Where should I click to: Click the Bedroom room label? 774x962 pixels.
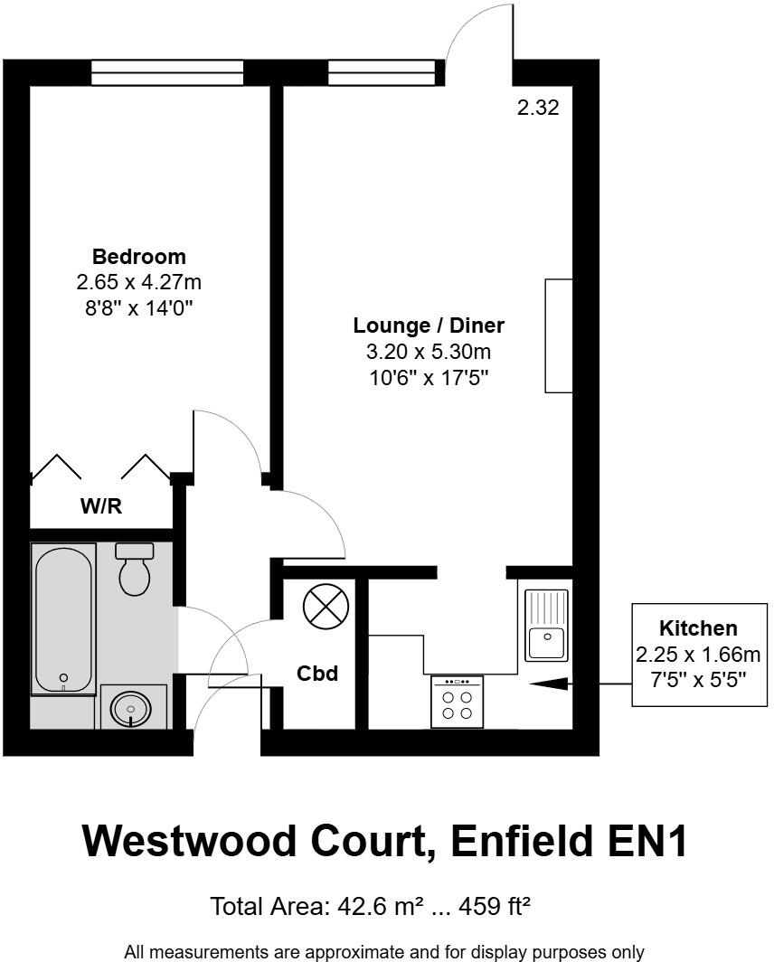pos(138,256)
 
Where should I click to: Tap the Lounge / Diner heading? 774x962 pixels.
pos(429,325)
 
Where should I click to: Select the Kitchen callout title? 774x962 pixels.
pos(698,627)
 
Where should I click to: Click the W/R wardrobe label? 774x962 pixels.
pos(101,506)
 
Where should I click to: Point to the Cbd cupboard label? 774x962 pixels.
pos(317,674)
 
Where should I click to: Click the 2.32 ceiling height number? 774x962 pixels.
pos(538,108)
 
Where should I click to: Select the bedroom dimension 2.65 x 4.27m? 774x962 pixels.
pos(138,283)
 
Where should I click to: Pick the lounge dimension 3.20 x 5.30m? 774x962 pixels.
pos(429,352)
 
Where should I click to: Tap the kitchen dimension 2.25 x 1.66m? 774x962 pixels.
pos(698,653)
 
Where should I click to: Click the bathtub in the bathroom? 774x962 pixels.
pos(62,619)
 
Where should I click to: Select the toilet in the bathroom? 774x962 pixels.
pos(135,569)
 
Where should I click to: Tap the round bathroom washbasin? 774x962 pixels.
pos(133,709)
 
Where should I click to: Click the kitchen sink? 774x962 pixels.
pos(546,625)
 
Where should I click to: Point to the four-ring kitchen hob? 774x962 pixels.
pos(457,702)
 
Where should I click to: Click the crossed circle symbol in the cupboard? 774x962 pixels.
pos(325,606)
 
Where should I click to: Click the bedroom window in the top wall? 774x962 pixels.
pos(167,72)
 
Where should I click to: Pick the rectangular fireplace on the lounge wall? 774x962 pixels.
pos(559,335)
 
